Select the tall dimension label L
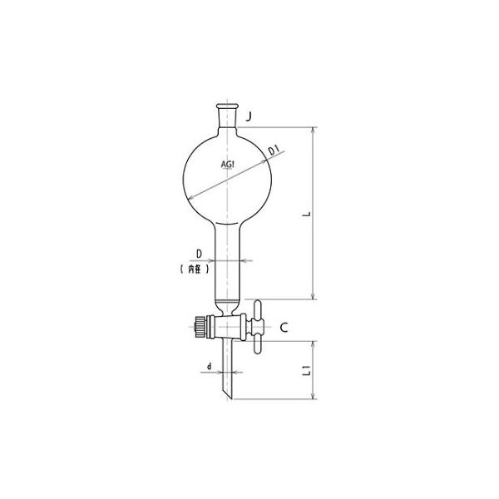click(x=307, y=215)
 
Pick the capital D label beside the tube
click(x=200, y=252)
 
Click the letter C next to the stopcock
click(x=284, y=328)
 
